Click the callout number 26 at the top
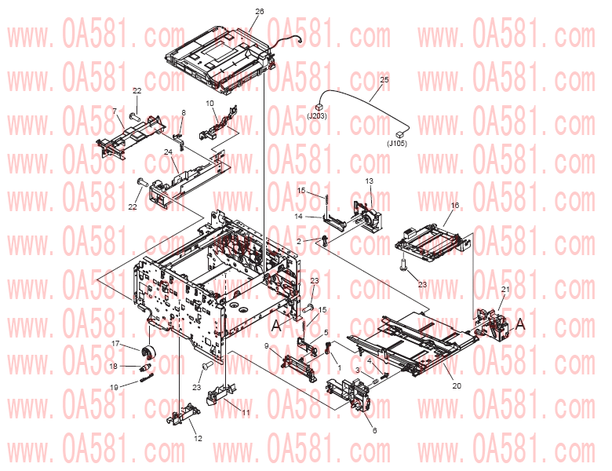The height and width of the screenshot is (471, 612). point(260,11)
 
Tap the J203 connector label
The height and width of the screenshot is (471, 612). point(317,116)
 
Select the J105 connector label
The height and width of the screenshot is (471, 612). point(397,144)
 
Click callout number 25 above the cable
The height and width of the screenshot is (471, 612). point(384,79)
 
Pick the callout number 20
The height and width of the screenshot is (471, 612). point(457,386)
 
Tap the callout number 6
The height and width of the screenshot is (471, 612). point(375,430)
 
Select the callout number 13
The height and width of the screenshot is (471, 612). point(370,181)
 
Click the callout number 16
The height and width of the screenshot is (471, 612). point(455,206)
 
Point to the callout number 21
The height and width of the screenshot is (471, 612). point(505,290)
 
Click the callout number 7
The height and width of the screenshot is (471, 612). point(115,111)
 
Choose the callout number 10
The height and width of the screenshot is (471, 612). point(210,104)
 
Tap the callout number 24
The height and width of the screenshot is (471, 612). point(168,152)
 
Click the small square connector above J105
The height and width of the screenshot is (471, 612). point(399,134)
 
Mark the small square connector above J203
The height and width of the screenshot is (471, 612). point(319,107)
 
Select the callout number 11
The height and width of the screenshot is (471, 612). point(246,412)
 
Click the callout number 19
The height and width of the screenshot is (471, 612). point(114,388)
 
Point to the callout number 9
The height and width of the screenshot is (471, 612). point(267,346)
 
